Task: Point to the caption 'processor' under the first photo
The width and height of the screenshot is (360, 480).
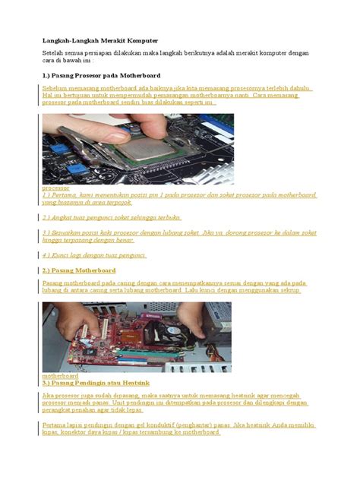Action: click(55, 187)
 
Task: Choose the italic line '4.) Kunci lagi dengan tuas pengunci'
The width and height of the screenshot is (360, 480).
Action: click(94, 255)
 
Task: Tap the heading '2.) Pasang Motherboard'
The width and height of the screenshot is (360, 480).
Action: click(79, 270)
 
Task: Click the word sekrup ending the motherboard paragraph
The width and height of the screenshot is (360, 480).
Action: click(289, 290)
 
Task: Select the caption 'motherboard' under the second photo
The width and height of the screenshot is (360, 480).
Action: click(60, 376)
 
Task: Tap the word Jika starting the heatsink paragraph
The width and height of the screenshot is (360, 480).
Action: click(49, 396)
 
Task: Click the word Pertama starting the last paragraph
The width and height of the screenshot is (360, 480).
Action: click(55, 425)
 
